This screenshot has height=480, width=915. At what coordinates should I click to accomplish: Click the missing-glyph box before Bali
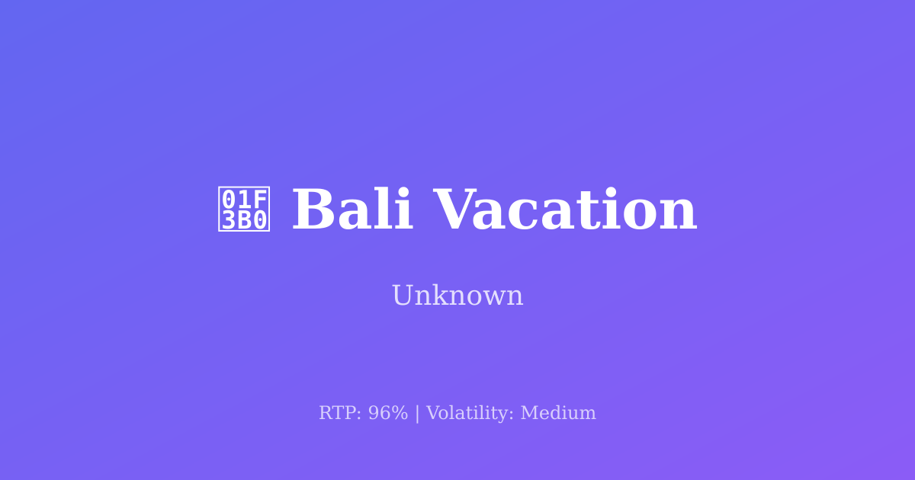click(x=245, y=210)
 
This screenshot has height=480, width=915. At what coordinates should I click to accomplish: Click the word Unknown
click(x=457, y=296)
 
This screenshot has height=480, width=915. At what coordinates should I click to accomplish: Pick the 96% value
click(x=388, y=413)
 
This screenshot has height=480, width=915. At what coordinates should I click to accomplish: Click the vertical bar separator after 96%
click(x=417, y=413)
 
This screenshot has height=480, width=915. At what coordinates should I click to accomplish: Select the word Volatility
click(x=469, y=413)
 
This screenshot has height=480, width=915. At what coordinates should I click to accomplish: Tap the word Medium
click(x=558, y=413)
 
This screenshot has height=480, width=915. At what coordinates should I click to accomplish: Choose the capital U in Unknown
click(x=403, y=296)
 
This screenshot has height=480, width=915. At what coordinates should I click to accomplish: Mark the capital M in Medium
click(x=530, y=413)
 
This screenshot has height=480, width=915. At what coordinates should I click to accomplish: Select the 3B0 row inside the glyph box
click(x=245, y=220)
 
